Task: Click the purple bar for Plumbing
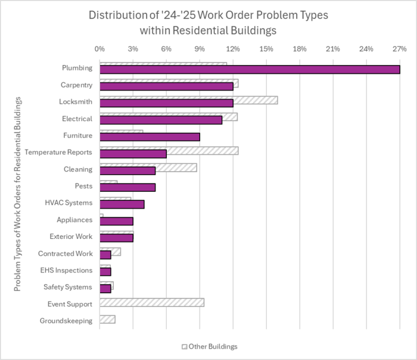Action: (250, 70)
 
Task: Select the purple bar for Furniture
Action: (150, 136)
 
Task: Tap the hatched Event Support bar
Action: (152, 303)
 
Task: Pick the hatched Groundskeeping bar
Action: (107, 319)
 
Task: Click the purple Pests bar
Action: (127, 187)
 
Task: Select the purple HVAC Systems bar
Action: (122, 204)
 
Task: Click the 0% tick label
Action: (99, 49)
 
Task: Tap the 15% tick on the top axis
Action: (266, 49)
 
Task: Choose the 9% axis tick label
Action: (200, 49)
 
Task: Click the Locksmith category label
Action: (76, 102)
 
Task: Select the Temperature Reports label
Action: (58, 153)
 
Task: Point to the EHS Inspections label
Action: (66, 270)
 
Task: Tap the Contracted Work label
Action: (65, 253)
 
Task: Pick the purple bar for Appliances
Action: (116, 221)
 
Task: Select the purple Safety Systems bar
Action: (105, 288)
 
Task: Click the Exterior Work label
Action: (71, 237)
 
